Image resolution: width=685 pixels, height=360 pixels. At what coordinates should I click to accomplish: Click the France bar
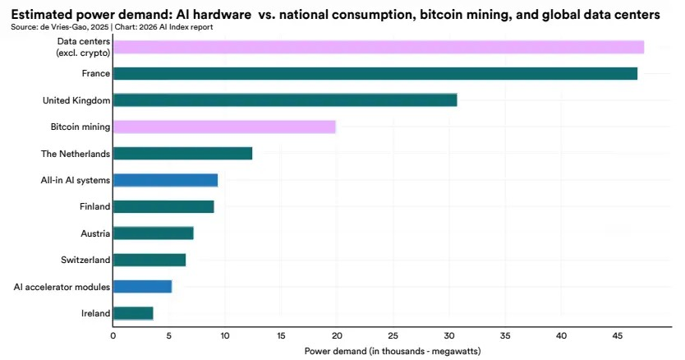[x=375, y=73]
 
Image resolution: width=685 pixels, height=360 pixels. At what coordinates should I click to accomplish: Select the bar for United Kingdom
[x=285, y=100]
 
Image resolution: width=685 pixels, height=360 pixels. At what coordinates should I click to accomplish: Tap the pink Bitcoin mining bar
[x=224, y=127]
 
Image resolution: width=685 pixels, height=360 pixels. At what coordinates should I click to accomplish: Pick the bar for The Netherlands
[x=182, y=154]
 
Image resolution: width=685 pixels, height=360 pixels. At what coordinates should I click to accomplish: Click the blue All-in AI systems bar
[x=166, y=180]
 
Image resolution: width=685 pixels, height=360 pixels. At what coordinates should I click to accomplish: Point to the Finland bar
[x=163, y=206]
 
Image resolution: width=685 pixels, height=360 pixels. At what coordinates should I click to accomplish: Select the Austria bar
[x=154, y=233]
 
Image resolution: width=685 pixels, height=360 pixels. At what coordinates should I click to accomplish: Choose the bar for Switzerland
[x=149, y=260]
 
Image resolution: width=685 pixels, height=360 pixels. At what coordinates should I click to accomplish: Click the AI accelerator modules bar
[x=142, y=287]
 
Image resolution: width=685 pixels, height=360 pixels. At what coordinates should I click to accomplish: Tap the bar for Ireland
[x=133, y=313]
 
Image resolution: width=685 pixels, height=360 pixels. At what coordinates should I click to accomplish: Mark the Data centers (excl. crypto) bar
[x=379, y=47]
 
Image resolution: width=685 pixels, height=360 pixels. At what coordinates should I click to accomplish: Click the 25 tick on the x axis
[x=393, y=336]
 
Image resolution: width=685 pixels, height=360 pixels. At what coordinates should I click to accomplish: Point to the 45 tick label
[x=617, y=336]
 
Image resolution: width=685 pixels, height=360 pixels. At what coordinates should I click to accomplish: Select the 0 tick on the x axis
[x=113, y=336]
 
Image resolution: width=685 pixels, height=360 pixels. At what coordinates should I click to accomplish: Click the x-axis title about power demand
[x=393, y=351]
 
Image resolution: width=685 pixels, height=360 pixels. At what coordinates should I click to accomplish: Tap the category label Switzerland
[x=85, y=260]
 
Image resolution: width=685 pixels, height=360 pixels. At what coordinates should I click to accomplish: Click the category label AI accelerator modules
[x=62, y=287]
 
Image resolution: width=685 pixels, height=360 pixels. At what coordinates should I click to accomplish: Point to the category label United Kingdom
[x=76, y=100]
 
